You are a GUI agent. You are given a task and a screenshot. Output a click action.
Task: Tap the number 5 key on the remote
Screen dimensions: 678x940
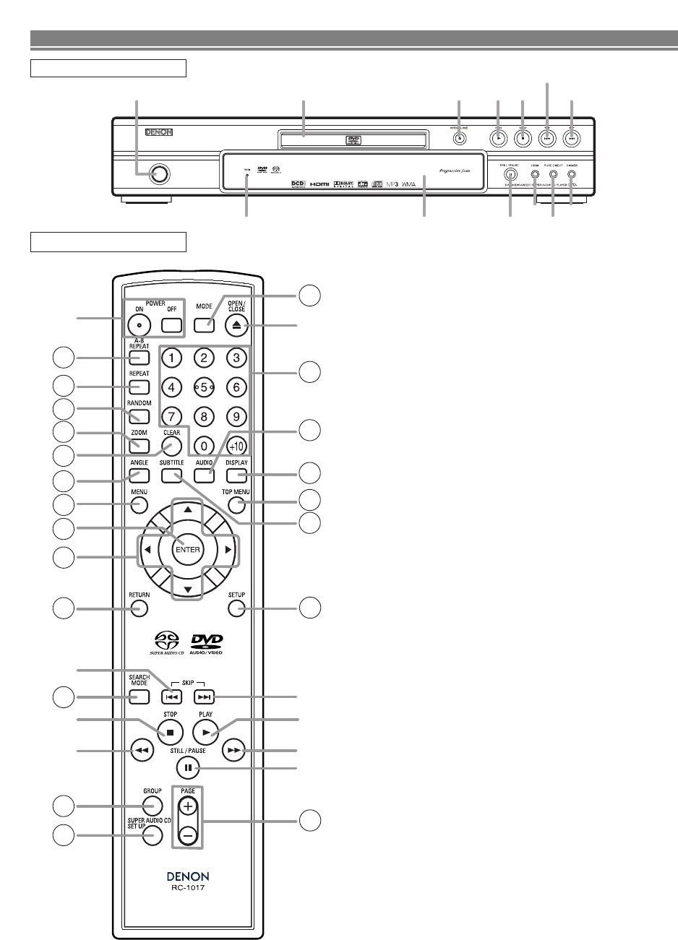point(204,387)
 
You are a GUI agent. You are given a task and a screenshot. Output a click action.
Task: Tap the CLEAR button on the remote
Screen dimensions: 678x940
point(171,446)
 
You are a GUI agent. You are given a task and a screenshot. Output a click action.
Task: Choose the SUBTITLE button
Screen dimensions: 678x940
point(171,475)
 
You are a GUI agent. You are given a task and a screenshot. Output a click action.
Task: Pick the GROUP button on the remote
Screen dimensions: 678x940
point(152,806)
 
